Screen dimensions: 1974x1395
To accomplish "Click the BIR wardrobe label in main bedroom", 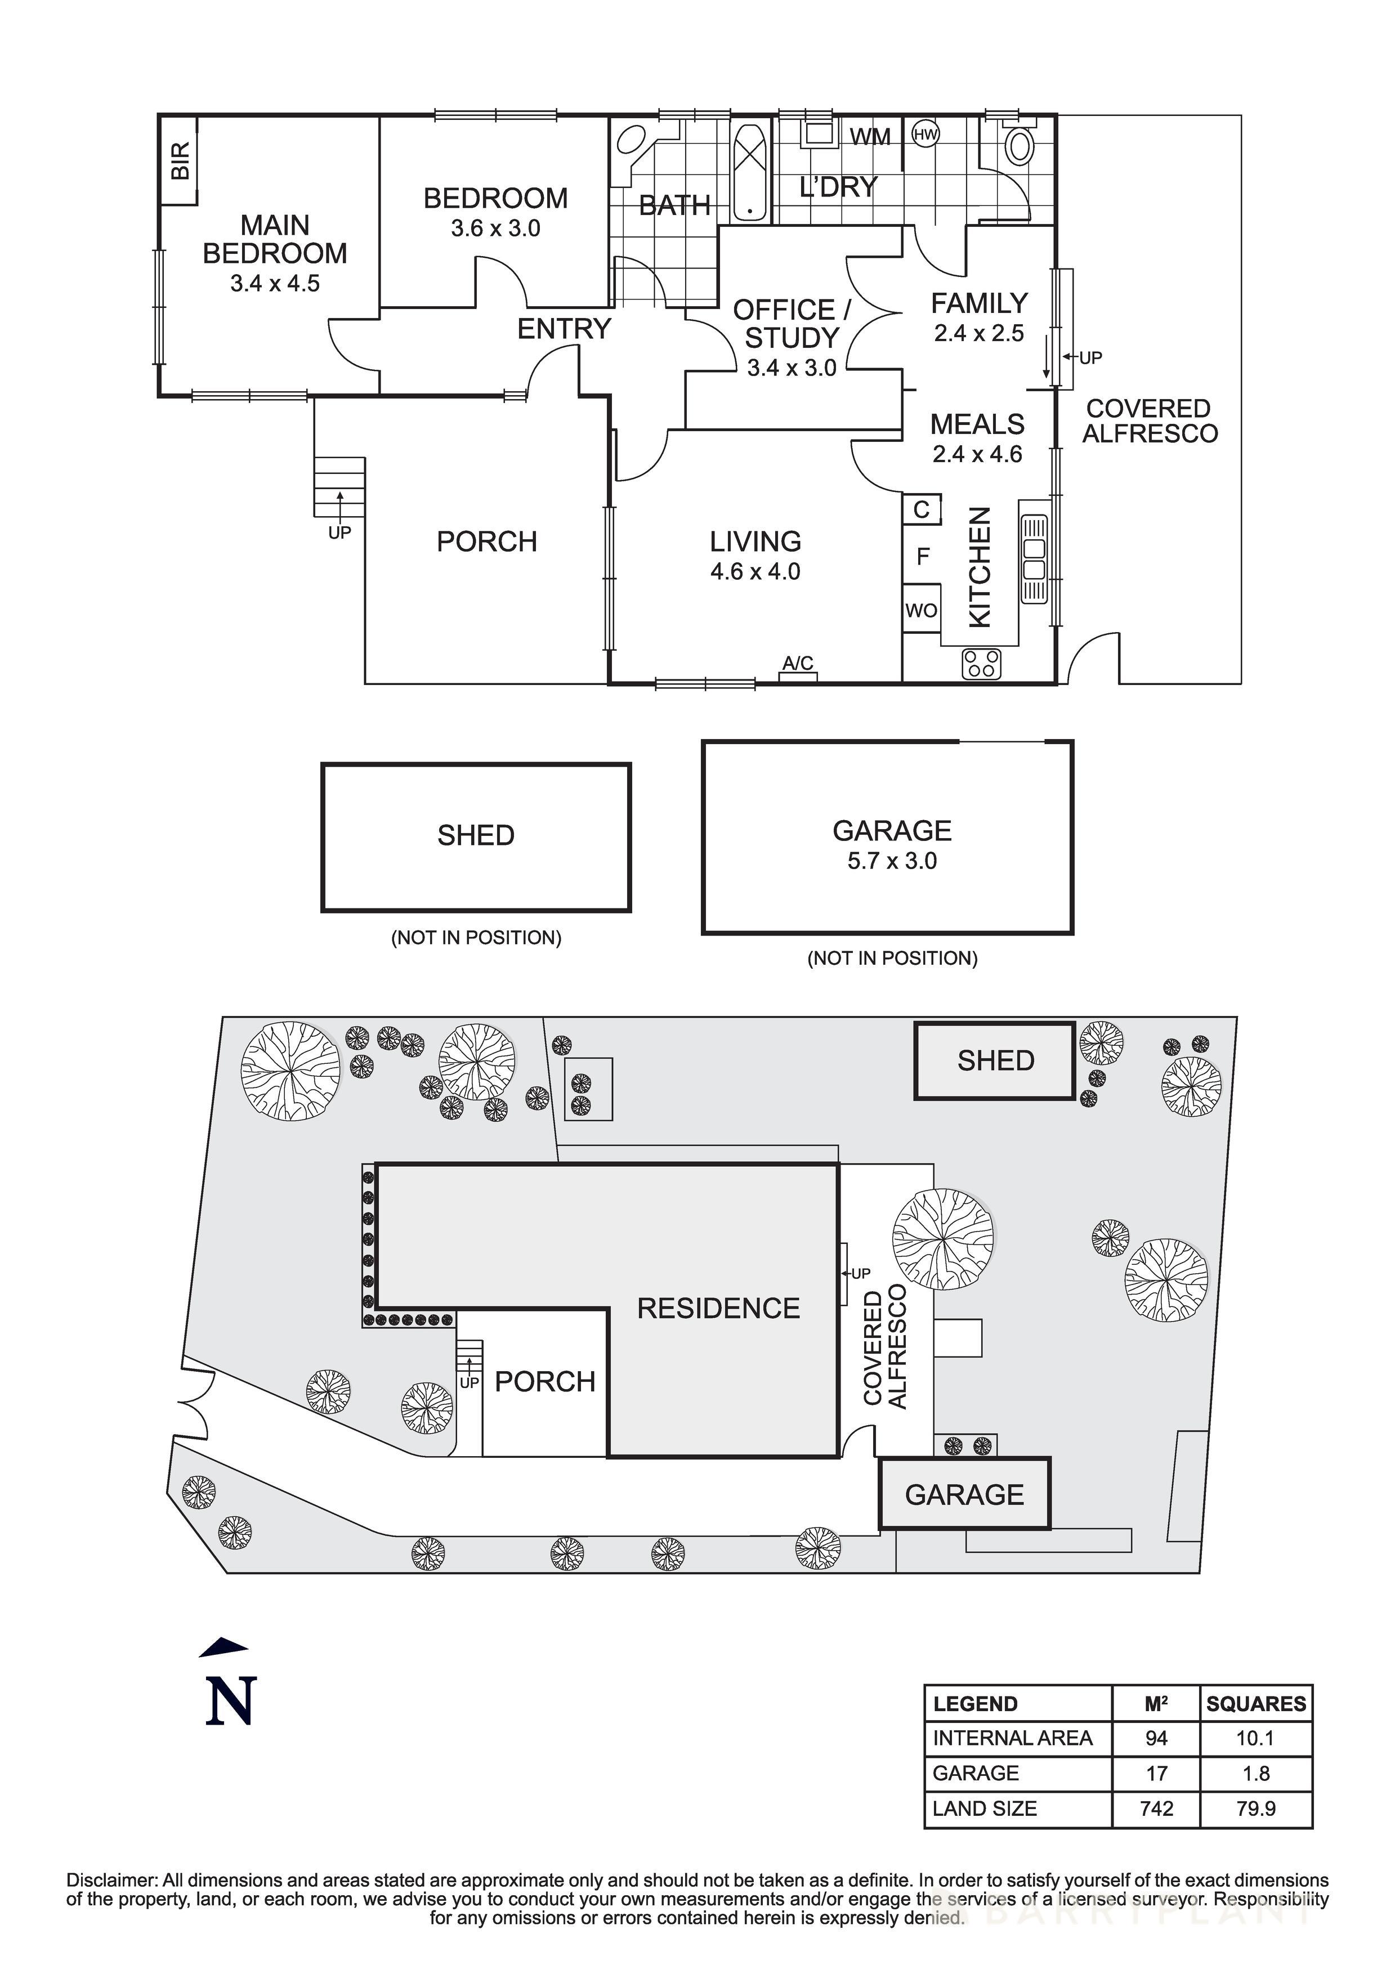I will tap(180, 161).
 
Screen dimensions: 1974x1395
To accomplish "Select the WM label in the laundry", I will tap(870, 137).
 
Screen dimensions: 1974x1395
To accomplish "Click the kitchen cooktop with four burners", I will tap(981, 664).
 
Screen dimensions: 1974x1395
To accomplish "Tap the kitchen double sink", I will tap(1034, 559).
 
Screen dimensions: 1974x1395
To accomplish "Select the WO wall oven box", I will tap(921, 610).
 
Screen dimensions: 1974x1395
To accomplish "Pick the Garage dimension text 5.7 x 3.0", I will tap(892, 861).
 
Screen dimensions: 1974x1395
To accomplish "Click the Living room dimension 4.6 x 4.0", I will tap(755, 572).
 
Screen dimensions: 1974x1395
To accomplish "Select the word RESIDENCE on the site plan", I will tap(718, 1309).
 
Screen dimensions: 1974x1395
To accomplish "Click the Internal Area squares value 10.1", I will tap(1255, 1738).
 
